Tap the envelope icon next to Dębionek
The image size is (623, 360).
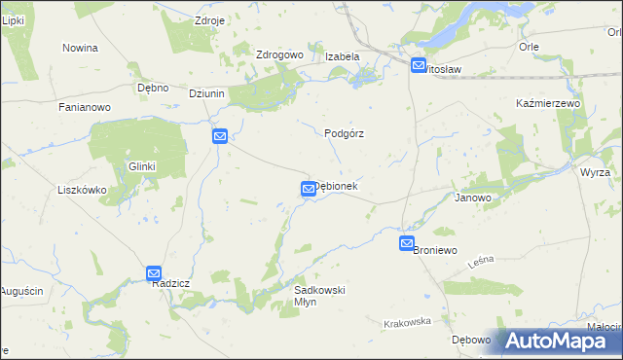click(x=308, y=189)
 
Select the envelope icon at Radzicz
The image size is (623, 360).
click(x=154, y=274)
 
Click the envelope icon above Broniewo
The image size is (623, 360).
click(x=407, y=243)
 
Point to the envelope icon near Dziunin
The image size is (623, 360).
click(x=220, y=137)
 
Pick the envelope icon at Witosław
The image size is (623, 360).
click(x=419, y=66)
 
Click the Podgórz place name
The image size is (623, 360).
click(x=344, y=134)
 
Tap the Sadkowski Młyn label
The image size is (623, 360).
click(x=320, y=296)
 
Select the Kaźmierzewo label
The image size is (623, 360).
click(x=548, y=103)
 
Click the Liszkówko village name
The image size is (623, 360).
click(x=82, y=190)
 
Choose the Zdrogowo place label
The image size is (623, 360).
click(x=280, y=55)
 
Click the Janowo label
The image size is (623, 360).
click(x=473, y=198)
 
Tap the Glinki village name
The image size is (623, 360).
click(x=142, y=166)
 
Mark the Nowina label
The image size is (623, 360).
click(x=81, y=48)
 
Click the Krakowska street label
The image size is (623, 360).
click(x=407, y=322)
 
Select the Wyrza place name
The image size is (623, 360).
click(x=595, y=172)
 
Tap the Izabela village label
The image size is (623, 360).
click(x=343, y=56)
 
